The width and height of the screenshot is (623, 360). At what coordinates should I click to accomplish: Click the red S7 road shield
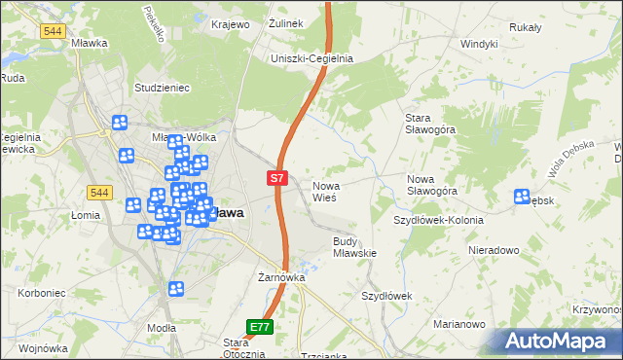pyautogui.click(x=277, y=178)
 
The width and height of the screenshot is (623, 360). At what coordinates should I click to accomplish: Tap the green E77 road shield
pyautogui.click(x=258, y=327)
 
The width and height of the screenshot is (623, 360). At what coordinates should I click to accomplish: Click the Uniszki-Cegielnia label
pyautogui.click(x=311, y=58)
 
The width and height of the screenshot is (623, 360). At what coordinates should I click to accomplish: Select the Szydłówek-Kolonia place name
pyautogui.click(x=438, y=220)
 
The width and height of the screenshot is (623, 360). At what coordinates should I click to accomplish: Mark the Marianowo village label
pyautogui.click(x=458, y=324)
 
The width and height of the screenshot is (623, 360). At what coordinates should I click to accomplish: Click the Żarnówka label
pyautogui.click(x=281, y=277)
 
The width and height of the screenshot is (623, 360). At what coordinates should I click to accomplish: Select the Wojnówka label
pyautogui.click(x=42, y=347)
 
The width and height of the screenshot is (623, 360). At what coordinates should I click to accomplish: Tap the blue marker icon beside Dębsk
pyautogui.click(x=522, y=197)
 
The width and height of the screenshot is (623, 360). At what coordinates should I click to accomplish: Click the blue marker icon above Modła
pyautogui.click(x=176, y=289)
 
